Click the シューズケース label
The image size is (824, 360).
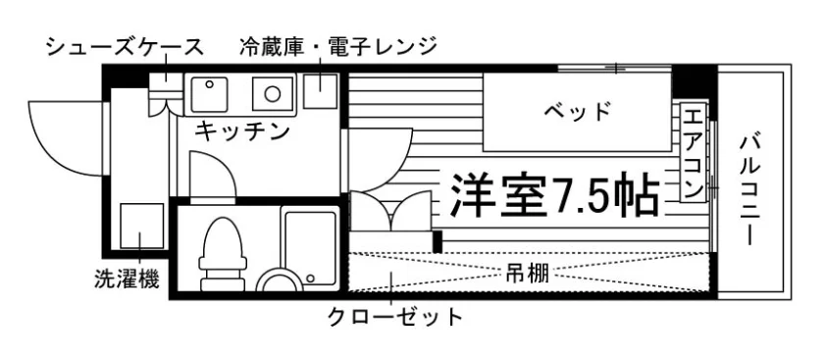tap(124, 47)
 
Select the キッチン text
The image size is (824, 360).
tap(242, 129)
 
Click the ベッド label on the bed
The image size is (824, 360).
tap(578, 112)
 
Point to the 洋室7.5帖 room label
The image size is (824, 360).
tap(554, 195)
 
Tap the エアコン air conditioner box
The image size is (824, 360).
tap(694, 152)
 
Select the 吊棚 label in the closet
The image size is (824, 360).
tap(527, 274)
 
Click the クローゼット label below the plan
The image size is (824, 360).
tap(395, 317)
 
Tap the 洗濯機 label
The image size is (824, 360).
tap(127, 279)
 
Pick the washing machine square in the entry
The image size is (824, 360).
tap(142, 226)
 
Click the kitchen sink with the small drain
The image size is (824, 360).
tap(209, 94)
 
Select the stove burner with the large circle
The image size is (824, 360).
tap(273, 94)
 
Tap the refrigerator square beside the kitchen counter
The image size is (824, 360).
tap(320, 90)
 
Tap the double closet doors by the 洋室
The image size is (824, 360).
tap(390, 211)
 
